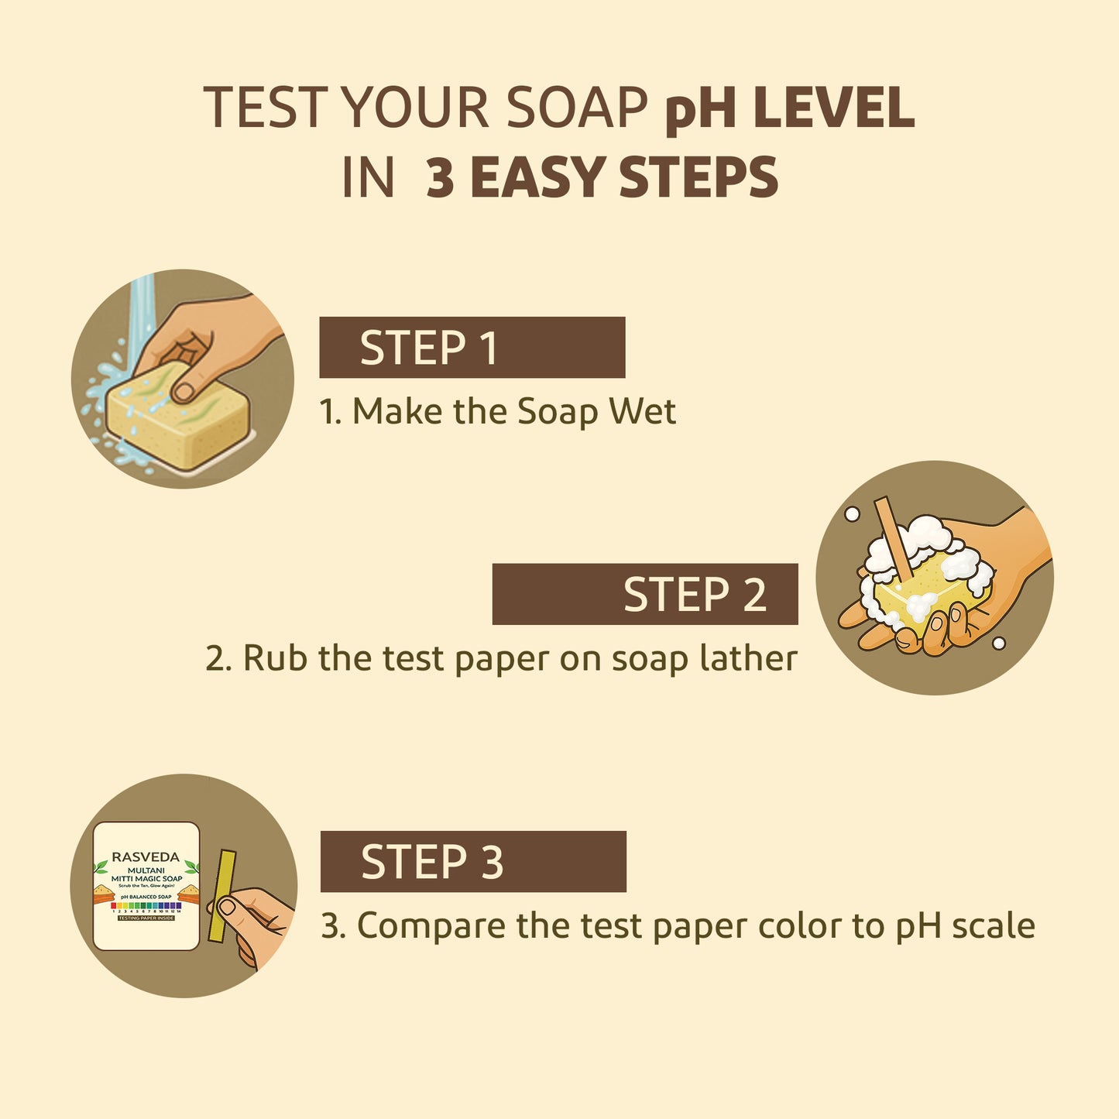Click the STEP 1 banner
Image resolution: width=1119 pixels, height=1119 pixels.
[x=472, y=347]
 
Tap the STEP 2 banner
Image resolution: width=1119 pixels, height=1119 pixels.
[x=644, y=594]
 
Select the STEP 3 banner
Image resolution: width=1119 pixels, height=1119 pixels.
[x=472, y=861]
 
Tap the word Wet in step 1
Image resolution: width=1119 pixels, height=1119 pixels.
[x=642, y=411]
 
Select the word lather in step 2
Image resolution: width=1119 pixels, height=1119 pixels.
[x=748, y=658]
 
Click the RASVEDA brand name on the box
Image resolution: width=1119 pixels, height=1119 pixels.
[x=146, y=857]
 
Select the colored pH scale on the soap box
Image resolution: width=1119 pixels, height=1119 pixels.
[x=146, y=905]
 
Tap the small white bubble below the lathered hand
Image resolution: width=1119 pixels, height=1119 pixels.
[x=999, y=643]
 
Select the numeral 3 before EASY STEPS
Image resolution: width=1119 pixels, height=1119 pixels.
[x=440, y=177]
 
